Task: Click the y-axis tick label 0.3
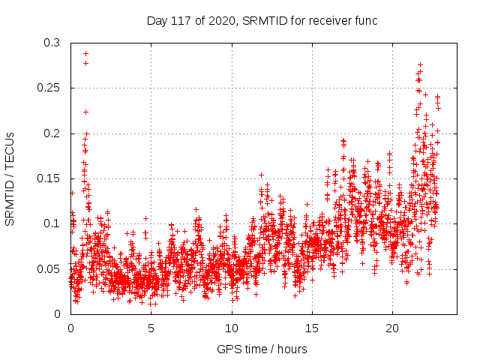coord(52,43)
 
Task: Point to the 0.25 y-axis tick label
coord(49,88)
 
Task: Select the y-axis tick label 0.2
coord(52,133)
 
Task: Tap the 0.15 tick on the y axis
coord(49,178)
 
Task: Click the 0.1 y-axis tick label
coord(52,223)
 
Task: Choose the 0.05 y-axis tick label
coord(49,268)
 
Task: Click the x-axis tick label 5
coord(151,328)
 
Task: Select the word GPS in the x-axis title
coord(228,349)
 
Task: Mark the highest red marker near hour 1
coord(85,53)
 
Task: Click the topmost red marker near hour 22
coord(420,65)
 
